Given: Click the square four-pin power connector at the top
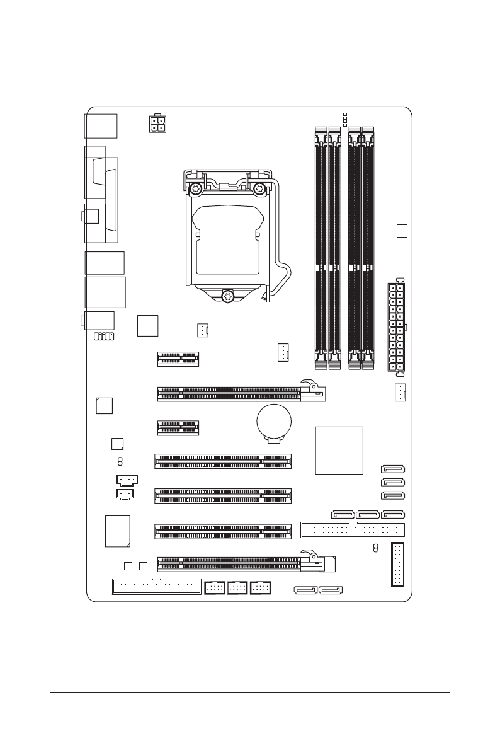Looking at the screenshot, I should tap(157, 124).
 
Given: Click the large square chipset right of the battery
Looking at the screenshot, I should tap(339, 450).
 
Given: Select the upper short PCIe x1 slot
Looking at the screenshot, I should tap(178, 359).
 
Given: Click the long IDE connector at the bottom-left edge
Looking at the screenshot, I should tap(156, 586).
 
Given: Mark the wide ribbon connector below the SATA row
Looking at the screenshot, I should tap(354, 529).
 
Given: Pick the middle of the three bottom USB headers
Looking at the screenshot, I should tap(237, 587).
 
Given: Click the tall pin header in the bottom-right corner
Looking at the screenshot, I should tap(398, 563).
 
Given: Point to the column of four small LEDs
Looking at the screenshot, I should tap(344, 119).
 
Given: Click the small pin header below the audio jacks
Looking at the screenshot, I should tap(103, 337).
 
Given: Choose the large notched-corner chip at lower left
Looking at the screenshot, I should tap(118, 530).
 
